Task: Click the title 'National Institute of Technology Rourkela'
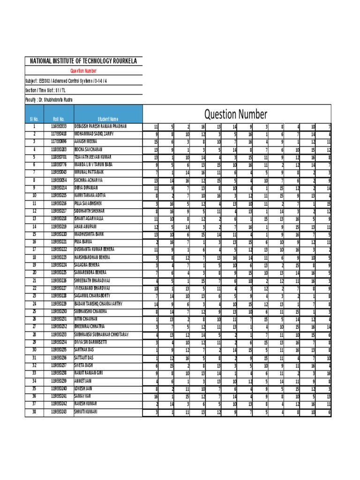(x=83, y=61)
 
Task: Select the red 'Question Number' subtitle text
(x=83, y=71)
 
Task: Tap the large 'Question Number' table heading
(x=236, y=114)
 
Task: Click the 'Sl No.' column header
(x=34, y=120)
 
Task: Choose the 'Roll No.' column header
(x=59, y=120)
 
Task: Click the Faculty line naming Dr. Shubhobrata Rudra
(x=49, y=100)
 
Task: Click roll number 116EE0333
(x=59, y=127)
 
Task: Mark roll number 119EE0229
(x=59, y=304)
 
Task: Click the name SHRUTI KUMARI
(x=86, y=412)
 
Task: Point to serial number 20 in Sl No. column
(x=34, y=273)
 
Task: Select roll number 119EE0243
(x=59, y=412)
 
